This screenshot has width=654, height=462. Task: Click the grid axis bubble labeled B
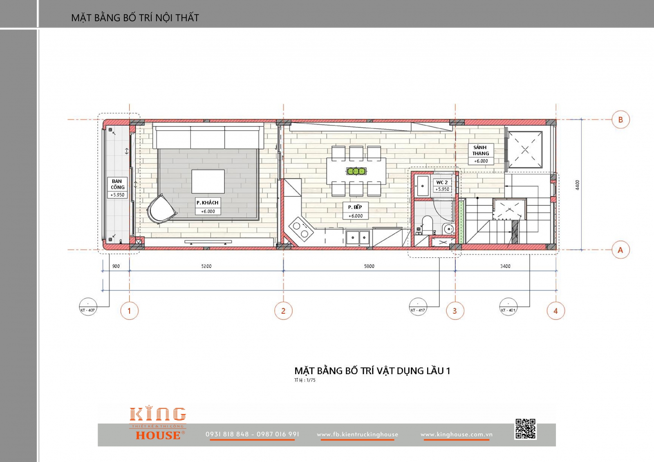pos(620,119)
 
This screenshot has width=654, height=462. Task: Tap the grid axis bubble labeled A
pos(620,250)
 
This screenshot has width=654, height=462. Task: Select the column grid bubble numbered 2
pos(283,310)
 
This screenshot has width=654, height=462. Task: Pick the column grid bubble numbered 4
pos(555,310)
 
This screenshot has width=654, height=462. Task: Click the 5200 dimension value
pos(206,266)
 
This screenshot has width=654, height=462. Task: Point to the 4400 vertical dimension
pos(577,185)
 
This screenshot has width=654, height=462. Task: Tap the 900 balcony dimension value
pos(116,266)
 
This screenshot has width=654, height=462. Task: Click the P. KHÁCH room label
pos(208,203)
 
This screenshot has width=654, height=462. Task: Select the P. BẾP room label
pos(355,207)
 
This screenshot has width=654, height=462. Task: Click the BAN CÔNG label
pos(117,184)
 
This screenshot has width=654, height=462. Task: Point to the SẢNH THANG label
pos(481,150)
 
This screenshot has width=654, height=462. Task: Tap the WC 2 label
pos(442,183)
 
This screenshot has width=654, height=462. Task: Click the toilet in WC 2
pos(427,225)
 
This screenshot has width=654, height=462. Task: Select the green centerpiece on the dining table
pos(356,171)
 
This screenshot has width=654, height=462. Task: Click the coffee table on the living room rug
pos(208,181)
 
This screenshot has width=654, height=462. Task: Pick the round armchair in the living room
pos(161,209)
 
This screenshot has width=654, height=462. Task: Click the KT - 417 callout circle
pos(418,307)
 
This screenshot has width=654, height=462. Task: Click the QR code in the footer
pos(525,429)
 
